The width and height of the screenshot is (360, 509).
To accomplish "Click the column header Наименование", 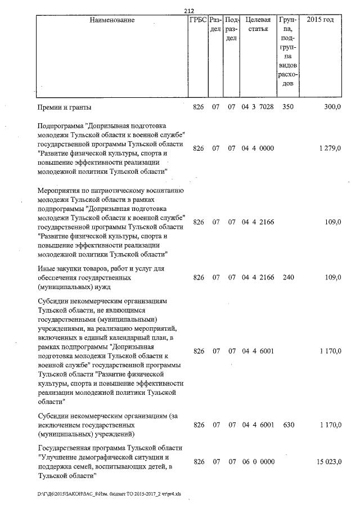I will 112,20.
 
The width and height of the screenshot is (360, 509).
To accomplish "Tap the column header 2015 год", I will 321,20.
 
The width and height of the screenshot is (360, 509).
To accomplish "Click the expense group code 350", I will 288,107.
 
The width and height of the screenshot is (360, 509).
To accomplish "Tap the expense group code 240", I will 288,278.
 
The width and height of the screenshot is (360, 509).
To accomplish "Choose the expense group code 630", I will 288,425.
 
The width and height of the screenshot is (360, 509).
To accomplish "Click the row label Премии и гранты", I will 64,107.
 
